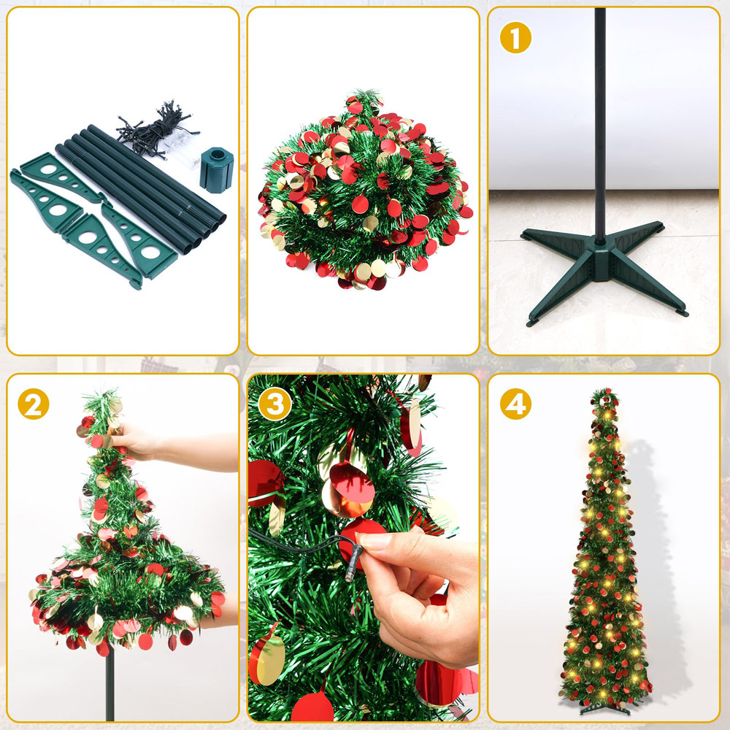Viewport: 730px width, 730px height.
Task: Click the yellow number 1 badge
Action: point(515,39)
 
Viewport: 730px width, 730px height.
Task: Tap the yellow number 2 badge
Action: point(33,405)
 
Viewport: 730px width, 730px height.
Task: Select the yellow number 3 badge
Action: point(274,404)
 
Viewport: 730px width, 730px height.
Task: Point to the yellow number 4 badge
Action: point(515,404)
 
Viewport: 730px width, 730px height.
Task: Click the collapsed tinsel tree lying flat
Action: point(363,193)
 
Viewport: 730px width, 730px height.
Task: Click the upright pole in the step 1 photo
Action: point(599,109)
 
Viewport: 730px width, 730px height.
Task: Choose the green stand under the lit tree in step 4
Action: point(604,707)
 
